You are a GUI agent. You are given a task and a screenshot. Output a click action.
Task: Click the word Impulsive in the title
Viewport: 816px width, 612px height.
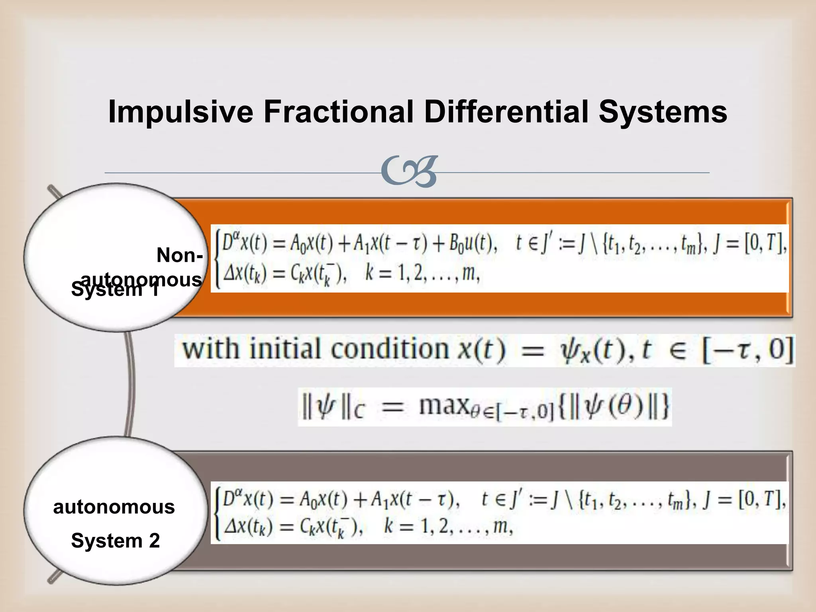tap(180, 112)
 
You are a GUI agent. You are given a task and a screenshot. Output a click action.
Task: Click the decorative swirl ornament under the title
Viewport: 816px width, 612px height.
tap(409, 172)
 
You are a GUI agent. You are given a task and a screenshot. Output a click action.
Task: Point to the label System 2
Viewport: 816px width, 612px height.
tap(115, 541)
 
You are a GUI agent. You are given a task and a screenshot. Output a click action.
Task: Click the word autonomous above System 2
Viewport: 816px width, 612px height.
tap(114, 507)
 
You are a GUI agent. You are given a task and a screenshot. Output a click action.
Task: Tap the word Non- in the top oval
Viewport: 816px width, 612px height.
tap(179, 255)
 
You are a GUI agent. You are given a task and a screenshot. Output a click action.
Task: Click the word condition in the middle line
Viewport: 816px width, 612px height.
tap(390, 349)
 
